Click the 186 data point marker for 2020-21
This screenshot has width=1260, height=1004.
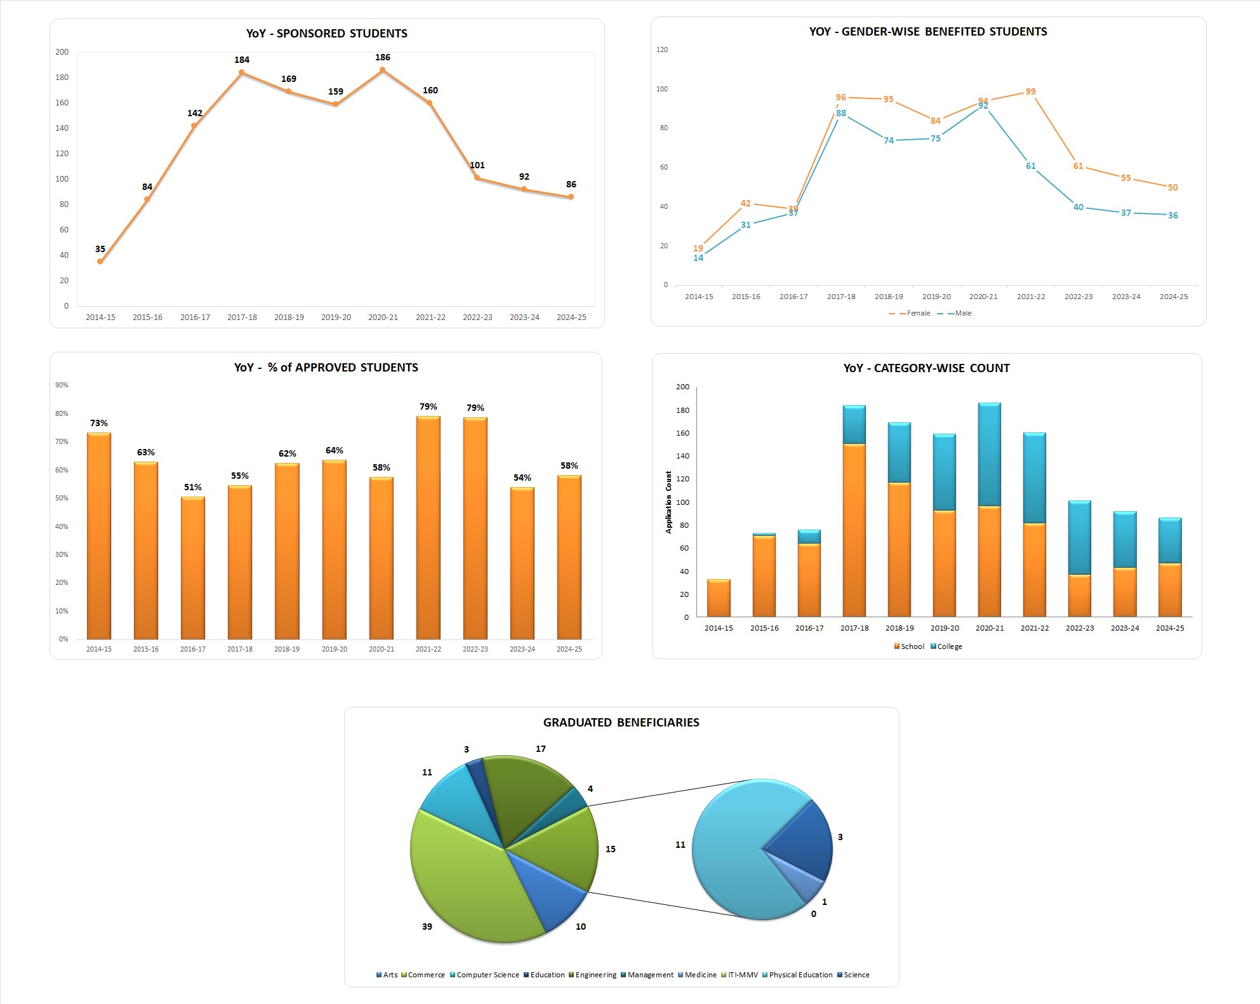click(382, 70)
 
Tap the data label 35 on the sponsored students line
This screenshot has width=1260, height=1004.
click(100, 249)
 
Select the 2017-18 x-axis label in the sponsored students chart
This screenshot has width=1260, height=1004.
click(242, 318)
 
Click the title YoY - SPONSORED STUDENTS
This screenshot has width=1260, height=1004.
click(327, 34)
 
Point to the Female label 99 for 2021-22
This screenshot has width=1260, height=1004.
click(1030, 91)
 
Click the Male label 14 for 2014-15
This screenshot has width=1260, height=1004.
click(698, 258)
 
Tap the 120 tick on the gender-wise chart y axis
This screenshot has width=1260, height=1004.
click(662, 50)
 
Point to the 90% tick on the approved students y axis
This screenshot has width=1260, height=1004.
click(62, 385)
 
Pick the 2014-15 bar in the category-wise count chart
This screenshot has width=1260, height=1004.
click(719, 598)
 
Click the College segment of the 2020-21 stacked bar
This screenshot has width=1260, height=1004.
click(990, 454)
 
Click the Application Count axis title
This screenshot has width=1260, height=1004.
click(668, 502)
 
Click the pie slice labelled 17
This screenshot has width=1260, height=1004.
click(527, 791)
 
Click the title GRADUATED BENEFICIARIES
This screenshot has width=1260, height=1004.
click(621, 723)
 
